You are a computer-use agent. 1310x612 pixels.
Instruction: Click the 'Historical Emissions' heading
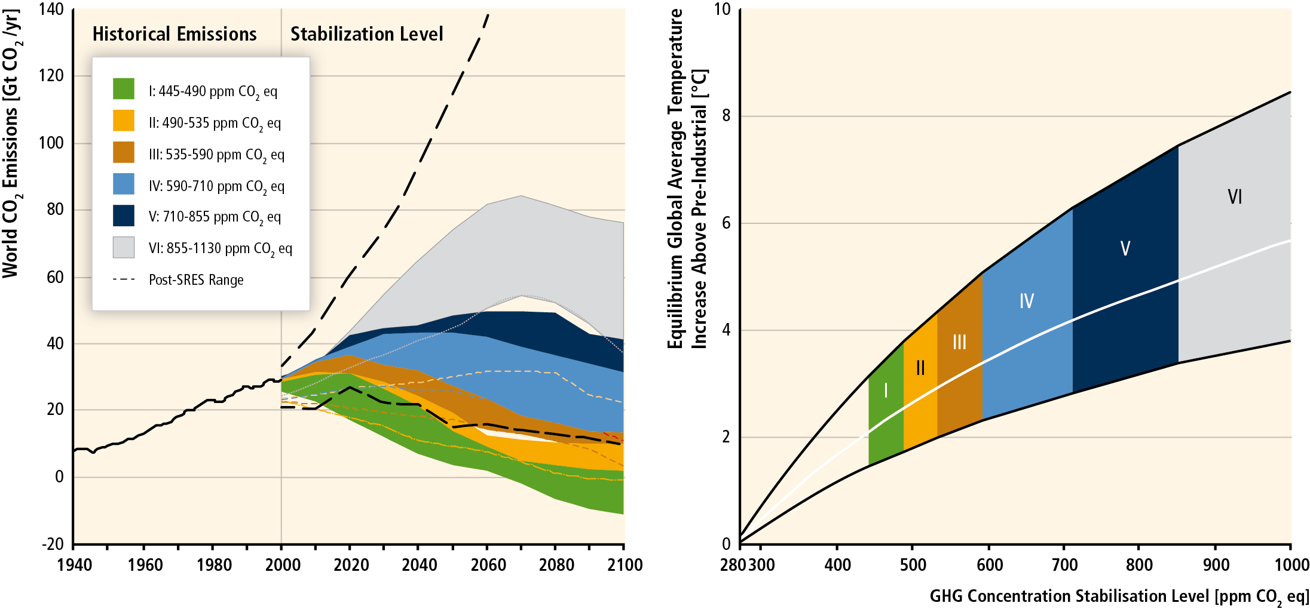[175, 34]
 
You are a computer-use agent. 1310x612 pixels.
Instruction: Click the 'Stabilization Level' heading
[366, 34]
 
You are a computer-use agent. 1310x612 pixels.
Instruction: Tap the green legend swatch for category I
[124, 89]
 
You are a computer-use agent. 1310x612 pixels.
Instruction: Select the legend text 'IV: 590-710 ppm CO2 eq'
[216, 186]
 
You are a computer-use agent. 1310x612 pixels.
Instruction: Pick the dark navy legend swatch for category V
[124, 216]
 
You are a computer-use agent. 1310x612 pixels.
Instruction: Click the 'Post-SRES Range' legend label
[196, 280]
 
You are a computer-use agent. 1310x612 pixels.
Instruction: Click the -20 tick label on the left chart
[53, 544]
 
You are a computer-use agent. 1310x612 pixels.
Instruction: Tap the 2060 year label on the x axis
[488, 565]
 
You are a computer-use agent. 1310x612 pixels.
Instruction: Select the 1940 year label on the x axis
[75, 565]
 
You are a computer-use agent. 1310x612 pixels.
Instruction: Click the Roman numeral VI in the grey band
[1234, 196]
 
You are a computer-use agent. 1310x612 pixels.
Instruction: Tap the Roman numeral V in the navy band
[1125, 248]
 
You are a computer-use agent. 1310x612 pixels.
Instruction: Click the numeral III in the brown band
[959, 342]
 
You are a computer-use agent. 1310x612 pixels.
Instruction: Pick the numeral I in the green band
[885, 390]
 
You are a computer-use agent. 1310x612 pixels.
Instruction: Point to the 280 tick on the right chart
[733, 565]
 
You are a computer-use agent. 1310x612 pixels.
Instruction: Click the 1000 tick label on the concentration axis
[1291, 565]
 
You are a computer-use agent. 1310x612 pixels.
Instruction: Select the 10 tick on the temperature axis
[723, 9]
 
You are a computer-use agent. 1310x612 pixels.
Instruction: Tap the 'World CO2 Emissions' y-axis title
[11, 143]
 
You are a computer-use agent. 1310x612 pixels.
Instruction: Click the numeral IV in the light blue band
[1026, 301]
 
